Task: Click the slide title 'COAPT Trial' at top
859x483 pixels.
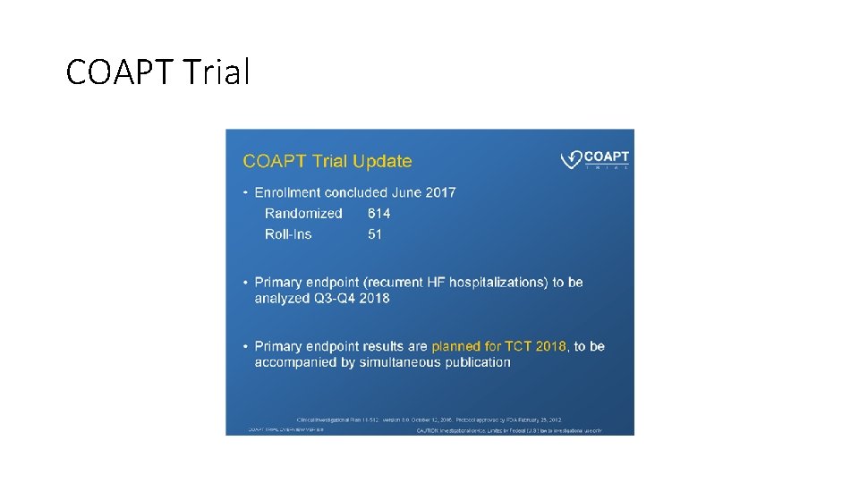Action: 157,72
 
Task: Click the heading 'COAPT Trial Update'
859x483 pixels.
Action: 327,161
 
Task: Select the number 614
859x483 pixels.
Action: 379,214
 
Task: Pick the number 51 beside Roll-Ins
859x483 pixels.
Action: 375,234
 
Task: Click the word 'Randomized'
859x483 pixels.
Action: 303,214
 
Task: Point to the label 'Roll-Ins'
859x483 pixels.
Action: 288,234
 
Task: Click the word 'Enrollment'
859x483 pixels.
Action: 288,192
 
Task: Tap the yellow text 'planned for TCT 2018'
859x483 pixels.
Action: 498,346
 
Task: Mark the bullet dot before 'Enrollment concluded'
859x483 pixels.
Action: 246,192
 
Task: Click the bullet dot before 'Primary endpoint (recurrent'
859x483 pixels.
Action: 246,283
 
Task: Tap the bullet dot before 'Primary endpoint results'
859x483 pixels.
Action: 246,346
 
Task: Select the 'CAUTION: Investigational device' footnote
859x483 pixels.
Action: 509,430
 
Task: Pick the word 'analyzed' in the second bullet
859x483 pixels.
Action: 282,298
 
